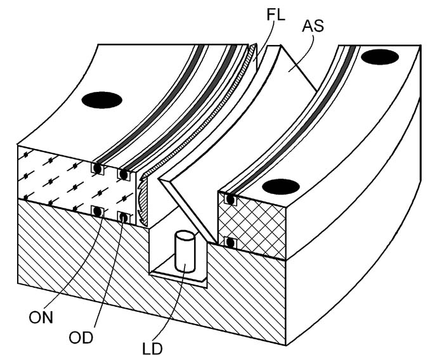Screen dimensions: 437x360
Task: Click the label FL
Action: click(276, 15)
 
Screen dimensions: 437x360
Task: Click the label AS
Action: click(313, 26)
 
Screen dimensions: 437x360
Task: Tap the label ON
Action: click(41, 318)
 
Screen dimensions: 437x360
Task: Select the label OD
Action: click(81, 338)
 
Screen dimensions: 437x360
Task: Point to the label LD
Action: click(152, 349)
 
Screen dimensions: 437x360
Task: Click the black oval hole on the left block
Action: click(101, 100)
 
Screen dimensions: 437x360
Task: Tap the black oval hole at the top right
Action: click(379, 57)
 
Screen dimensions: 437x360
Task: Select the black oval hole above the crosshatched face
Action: click(280, 186)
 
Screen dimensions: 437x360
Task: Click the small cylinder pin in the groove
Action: click(185, 252)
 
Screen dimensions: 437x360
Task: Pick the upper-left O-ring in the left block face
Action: click(97, 168)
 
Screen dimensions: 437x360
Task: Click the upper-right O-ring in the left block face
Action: click(124, 174)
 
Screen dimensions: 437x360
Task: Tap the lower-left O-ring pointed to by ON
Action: click(97, 212)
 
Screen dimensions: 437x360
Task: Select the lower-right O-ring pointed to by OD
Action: click(124, 218)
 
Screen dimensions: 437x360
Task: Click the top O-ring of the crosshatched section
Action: click(230, 200)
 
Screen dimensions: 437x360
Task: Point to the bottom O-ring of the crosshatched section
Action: click(230, 243)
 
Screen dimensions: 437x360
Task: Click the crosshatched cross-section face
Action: click(252, 226)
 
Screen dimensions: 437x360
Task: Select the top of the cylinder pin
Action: click(185, 236)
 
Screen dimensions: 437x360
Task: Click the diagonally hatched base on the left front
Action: click(84, 259)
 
